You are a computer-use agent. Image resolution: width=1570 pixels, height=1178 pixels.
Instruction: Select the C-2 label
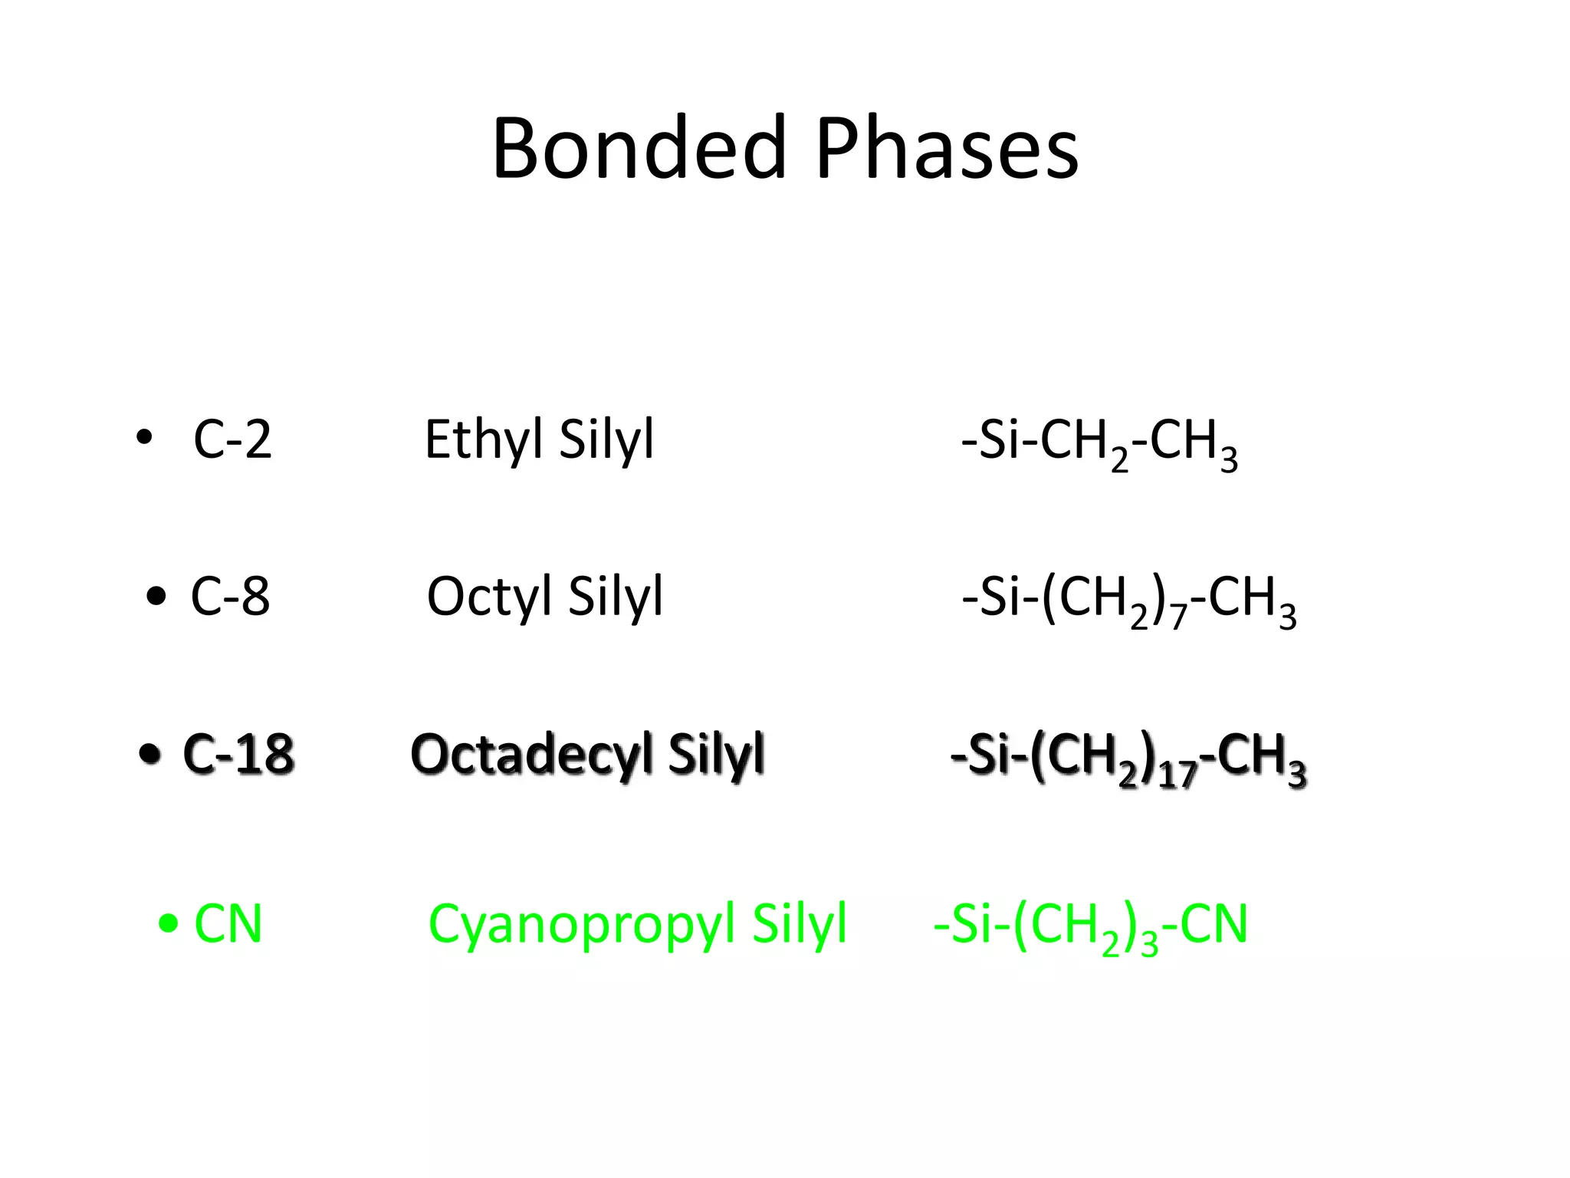232,439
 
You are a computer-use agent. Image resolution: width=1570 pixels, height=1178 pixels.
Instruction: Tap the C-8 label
230,596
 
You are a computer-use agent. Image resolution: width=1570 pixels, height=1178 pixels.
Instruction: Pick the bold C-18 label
238,754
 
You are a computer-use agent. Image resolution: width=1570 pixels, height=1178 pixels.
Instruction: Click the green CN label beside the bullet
228,923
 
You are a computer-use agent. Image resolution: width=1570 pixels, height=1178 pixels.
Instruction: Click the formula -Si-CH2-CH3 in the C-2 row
1099,443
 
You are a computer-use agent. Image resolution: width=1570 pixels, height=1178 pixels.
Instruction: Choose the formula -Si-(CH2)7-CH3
1128,600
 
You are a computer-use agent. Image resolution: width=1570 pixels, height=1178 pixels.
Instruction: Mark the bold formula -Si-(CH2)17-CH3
1128,757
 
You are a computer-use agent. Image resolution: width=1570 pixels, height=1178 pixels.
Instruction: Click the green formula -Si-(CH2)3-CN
1090,926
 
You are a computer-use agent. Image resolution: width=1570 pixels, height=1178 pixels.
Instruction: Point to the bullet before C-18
150,754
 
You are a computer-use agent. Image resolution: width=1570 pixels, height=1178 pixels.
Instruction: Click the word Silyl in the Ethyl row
606,441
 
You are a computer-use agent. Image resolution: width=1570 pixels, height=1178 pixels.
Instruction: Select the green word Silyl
800,925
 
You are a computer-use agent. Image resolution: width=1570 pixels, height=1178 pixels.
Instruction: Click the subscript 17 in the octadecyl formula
1177,775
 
